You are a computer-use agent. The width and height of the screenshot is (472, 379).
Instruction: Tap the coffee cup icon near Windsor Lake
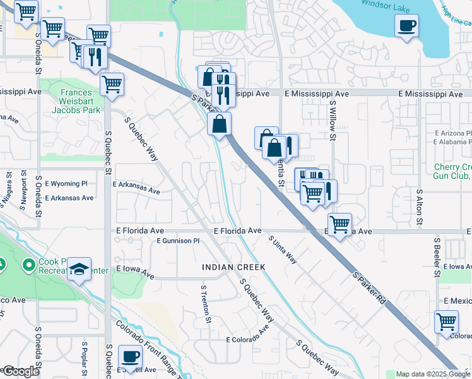click(x=406, y=26)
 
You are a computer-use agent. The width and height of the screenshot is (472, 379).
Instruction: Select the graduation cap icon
click(x=80, y=270)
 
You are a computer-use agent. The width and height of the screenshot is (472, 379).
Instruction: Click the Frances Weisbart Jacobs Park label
click(x=80, y=101)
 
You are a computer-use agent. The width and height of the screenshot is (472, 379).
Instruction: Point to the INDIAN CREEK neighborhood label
click(x=233, y=268)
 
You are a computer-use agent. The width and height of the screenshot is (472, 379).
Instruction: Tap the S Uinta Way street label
click(x=282, y=250)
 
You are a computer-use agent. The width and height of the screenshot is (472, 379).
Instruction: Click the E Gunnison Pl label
click(x=177, y=241)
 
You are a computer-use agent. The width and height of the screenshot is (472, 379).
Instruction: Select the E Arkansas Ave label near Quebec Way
click(x=136, y=187)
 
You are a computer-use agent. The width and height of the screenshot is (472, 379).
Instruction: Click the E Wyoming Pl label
click(x=66, y=184)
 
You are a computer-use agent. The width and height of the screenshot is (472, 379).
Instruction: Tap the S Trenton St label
click(x=205, y=304)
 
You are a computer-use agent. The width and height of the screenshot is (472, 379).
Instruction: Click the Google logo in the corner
click(x=20, y=371)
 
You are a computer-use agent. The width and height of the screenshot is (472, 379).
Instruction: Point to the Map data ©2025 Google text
click(x=433, y=374)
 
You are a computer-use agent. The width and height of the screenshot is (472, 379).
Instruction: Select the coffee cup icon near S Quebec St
click(x=131, y=356)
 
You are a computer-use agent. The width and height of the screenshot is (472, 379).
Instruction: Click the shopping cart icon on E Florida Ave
click(x=339, y=224)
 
